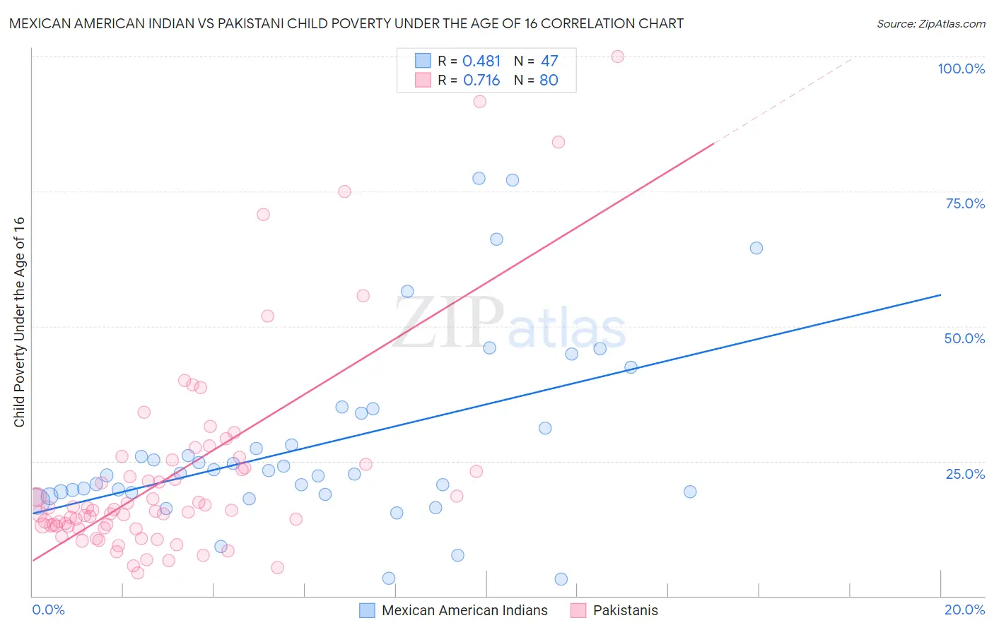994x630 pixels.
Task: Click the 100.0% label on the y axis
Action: [961, 69]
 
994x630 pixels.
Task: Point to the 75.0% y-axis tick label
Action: [965, 203]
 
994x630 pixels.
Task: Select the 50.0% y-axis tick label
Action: [964, 338]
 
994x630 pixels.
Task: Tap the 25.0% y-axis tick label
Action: [965, 474]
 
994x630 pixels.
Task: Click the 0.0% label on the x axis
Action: [48, 610]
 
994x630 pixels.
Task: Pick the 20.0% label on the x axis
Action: [964, 610]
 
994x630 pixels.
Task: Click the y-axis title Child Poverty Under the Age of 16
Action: [19, 321]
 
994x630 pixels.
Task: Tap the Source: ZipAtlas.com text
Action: [930, 23]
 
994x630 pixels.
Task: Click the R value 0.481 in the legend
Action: [481, 61]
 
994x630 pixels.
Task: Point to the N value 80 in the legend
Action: [549, 81]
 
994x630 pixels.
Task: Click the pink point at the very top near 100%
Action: [617, 57]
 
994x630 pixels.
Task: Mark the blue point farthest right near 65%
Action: [756, 248]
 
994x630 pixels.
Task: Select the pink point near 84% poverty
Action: [558, 142]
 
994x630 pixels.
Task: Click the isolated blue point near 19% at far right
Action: [690, 492]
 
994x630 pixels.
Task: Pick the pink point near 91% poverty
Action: [479, 102]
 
